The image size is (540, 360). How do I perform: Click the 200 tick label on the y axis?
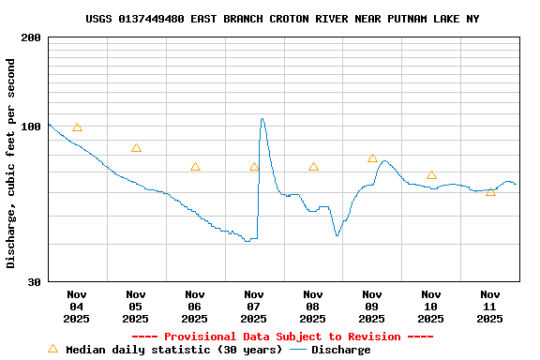[x=32, y=37]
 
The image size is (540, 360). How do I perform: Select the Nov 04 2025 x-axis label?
[x=77, y=306]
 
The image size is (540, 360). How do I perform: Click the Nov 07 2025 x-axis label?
[x=254, y=306]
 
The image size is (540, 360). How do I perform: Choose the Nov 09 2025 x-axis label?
[x=372, y=306]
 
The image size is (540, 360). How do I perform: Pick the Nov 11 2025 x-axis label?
[x=490, y=306]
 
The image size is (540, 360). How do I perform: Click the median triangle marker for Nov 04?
[x=77, y=127]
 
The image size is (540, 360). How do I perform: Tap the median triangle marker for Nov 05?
[x=136, y=148]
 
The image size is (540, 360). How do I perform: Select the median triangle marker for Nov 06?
[x=195, y=167]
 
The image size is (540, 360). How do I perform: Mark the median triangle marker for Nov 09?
[x=372, y=158]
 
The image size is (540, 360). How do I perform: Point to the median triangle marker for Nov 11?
[x=490, y=191]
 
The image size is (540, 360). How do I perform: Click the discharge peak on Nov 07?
[x=262, y=118]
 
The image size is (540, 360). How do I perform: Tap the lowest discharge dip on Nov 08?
[x=337, y=235]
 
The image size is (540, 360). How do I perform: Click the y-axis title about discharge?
[x=11, y=163]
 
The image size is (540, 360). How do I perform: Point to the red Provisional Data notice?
[x=282, y=337]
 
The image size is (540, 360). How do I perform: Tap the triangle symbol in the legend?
[x=53, y=349]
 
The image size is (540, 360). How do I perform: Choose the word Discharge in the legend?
[x=340, y=350]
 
